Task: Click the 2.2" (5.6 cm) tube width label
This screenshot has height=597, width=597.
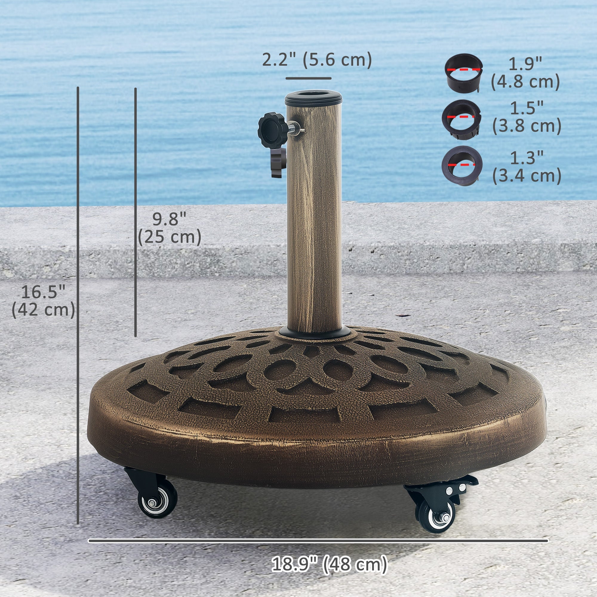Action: [x=317, y=60]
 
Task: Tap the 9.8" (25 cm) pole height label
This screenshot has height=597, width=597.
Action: [x=169, y=228]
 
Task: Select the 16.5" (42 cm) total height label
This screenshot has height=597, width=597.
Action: [x=43, y=301]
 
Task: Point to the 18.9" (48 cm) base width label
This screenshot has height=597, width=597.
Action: [x=329, y=564]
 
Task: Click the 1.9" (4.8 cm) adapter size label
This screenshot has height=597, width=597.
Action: [x=525, y=73]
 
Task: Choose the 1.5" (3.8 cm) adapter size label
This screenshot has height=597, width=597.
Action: [x=527, y=117]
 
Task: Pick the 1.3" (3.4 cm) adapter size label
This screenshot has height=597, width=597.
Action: [x=527, y=167]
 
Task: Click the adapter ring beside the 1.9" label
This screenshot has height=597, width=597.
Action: [x=464, y=73]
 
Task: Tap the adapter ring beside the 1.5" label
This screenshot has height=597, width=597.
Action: [x=461, y=119]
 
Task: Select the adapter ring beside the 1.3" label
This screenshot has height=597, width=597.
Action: [x=462, y=165]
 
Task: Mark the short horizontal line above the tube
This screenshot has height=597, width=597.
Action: [x=308, y=78]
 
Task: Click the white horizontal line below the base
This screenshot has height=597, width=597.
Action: [x=318, y=541]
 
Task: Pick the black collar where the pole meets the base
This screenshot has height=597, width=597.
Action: [x=315, y=333]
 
